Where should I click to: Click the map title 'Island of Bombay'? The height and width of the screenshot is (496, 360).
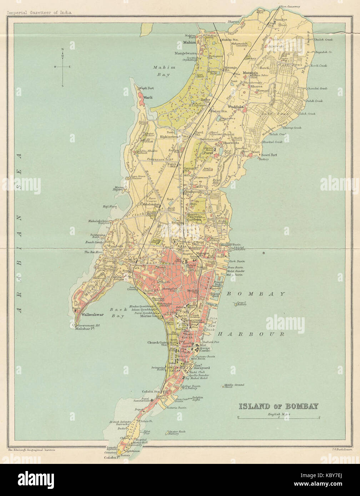pos(278,406)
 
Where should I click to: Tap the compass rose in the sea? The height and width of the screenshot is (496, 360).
pos(62,67)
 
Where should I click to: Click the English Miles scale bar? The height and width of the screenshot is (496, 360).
pos(278,417)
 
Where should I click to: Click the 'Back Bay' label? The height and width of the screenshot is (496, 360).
pos(117,313)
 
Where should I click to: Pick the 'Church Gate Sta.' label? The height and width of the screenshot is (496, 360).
pos(158,343)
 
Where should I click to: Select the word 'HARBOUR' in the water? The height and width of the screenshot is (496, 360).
pos(251,334)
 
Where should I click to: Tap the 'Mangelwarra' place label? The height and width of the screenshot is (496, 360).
pos(185,53)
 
